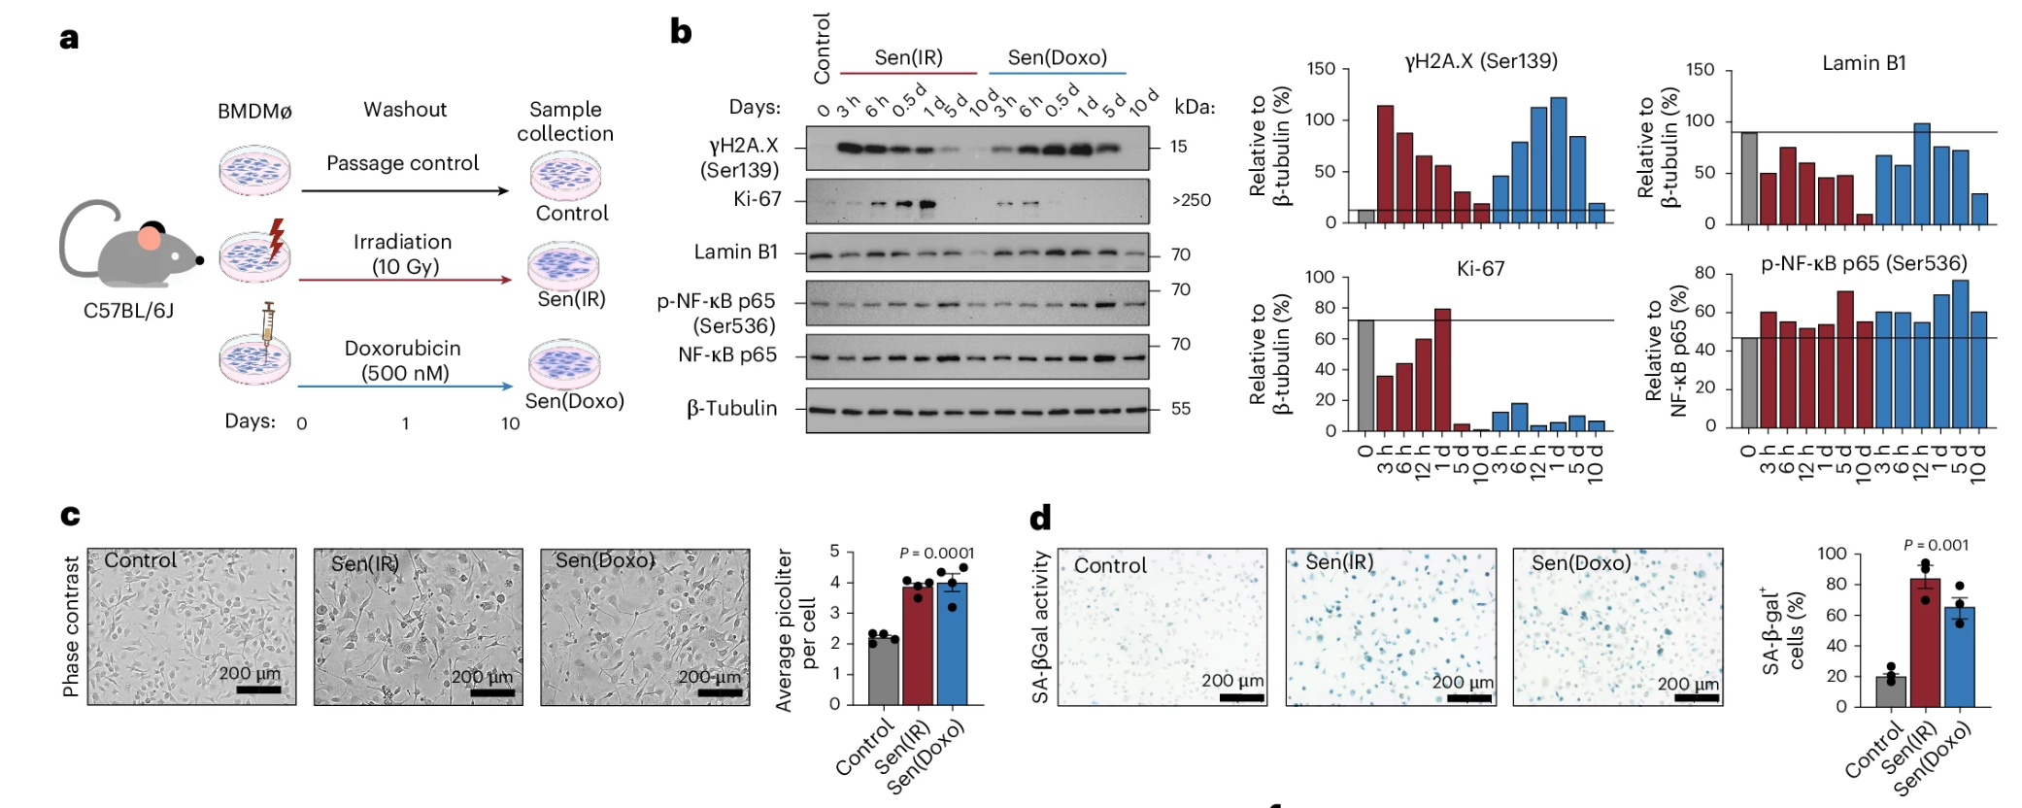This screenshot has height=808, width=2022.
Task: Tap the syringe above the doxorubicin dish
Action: (268, 320)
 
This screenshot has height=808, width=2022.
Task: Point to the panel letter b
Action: (681, 31)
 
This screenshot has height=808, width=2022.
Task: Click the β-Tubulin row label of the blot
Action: (731, 409)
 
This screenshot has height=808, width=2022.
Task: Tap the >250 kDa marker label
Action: (1191, 200)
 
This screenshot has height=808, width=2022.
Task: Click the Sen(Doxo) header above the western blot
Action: (1057, 57)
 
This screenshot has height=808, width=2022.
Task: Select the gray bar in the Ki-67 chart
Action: (1365, 375)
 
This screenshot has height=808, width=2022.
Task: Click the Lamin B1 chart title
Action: (1863, 63)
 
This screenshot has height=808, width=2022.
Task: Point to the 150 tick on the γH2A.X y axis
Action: (1321, 69)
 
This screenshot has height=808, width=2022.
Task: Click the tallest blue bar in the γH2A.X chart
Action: (1558, 160)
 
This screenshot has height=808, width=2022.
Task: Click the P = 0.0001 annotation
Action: (936, 553)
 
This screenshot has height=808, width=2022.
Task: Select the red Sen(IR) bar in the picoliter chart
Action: (917, 646)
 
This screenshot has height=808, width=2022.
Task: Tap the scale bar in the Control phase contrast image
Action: (258, 690)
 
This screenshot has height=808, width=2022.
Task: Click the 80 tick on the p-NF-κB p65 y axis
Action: (1704, 273)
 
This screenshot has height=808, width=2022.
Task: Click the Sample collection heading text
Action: (564, 121)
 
